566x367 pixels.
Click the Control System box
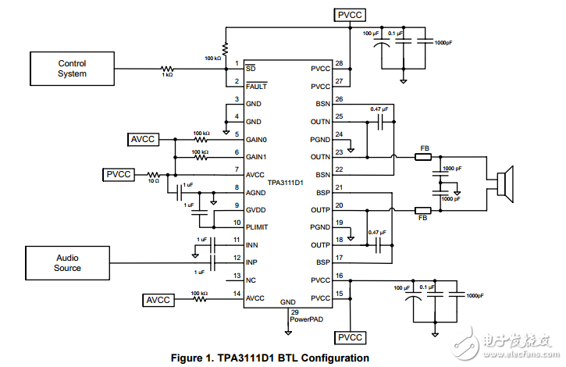pos(73,69)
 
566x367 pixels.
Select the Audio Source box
pos(68,262)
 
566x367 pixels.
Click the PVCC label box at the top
pos(350,15)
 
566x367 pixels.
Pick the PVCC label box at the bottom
pos(350,337)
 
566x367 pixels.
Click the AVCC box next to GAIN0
pos(144,139)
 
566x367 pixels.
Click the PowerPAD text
pos(305,319)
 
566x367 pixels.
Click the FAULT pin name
pos(258,87)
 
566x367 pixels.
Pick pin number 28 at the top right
pos(339,62)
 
